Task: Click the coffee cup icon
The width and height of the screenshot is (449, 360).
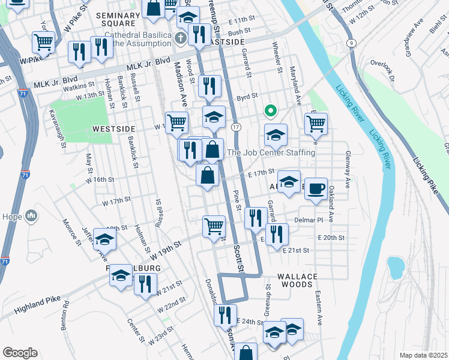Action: [316, 188]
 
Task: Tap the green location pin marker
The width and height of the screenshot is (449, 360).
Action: [271, 111]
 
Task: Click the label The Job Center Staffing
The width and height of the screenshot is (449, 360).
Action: [271, 153]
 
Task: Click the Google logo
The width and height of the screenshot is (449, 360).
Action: [20, 352]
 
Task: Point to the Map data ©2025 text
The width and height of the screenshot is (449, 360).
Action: [423, 355]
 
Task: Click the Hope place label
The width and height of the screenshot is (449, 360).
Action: [13, 217]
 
